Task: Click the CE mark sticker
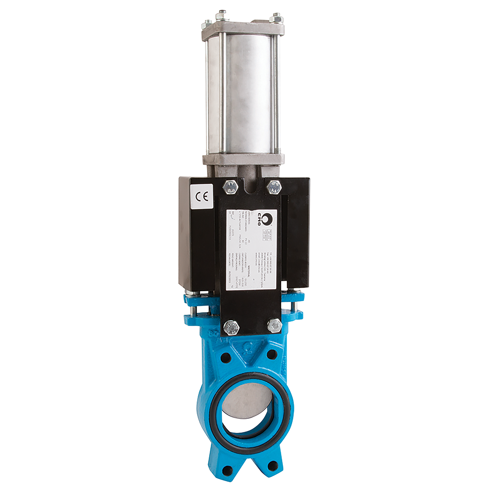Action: [x=202, y=196]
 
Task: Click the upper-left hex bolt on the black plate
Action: [x=230, y=187]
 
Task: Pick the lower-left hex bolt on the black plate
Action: [x=231, y=327]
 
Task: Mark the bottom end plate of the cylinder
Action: [x=243, y=159]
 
